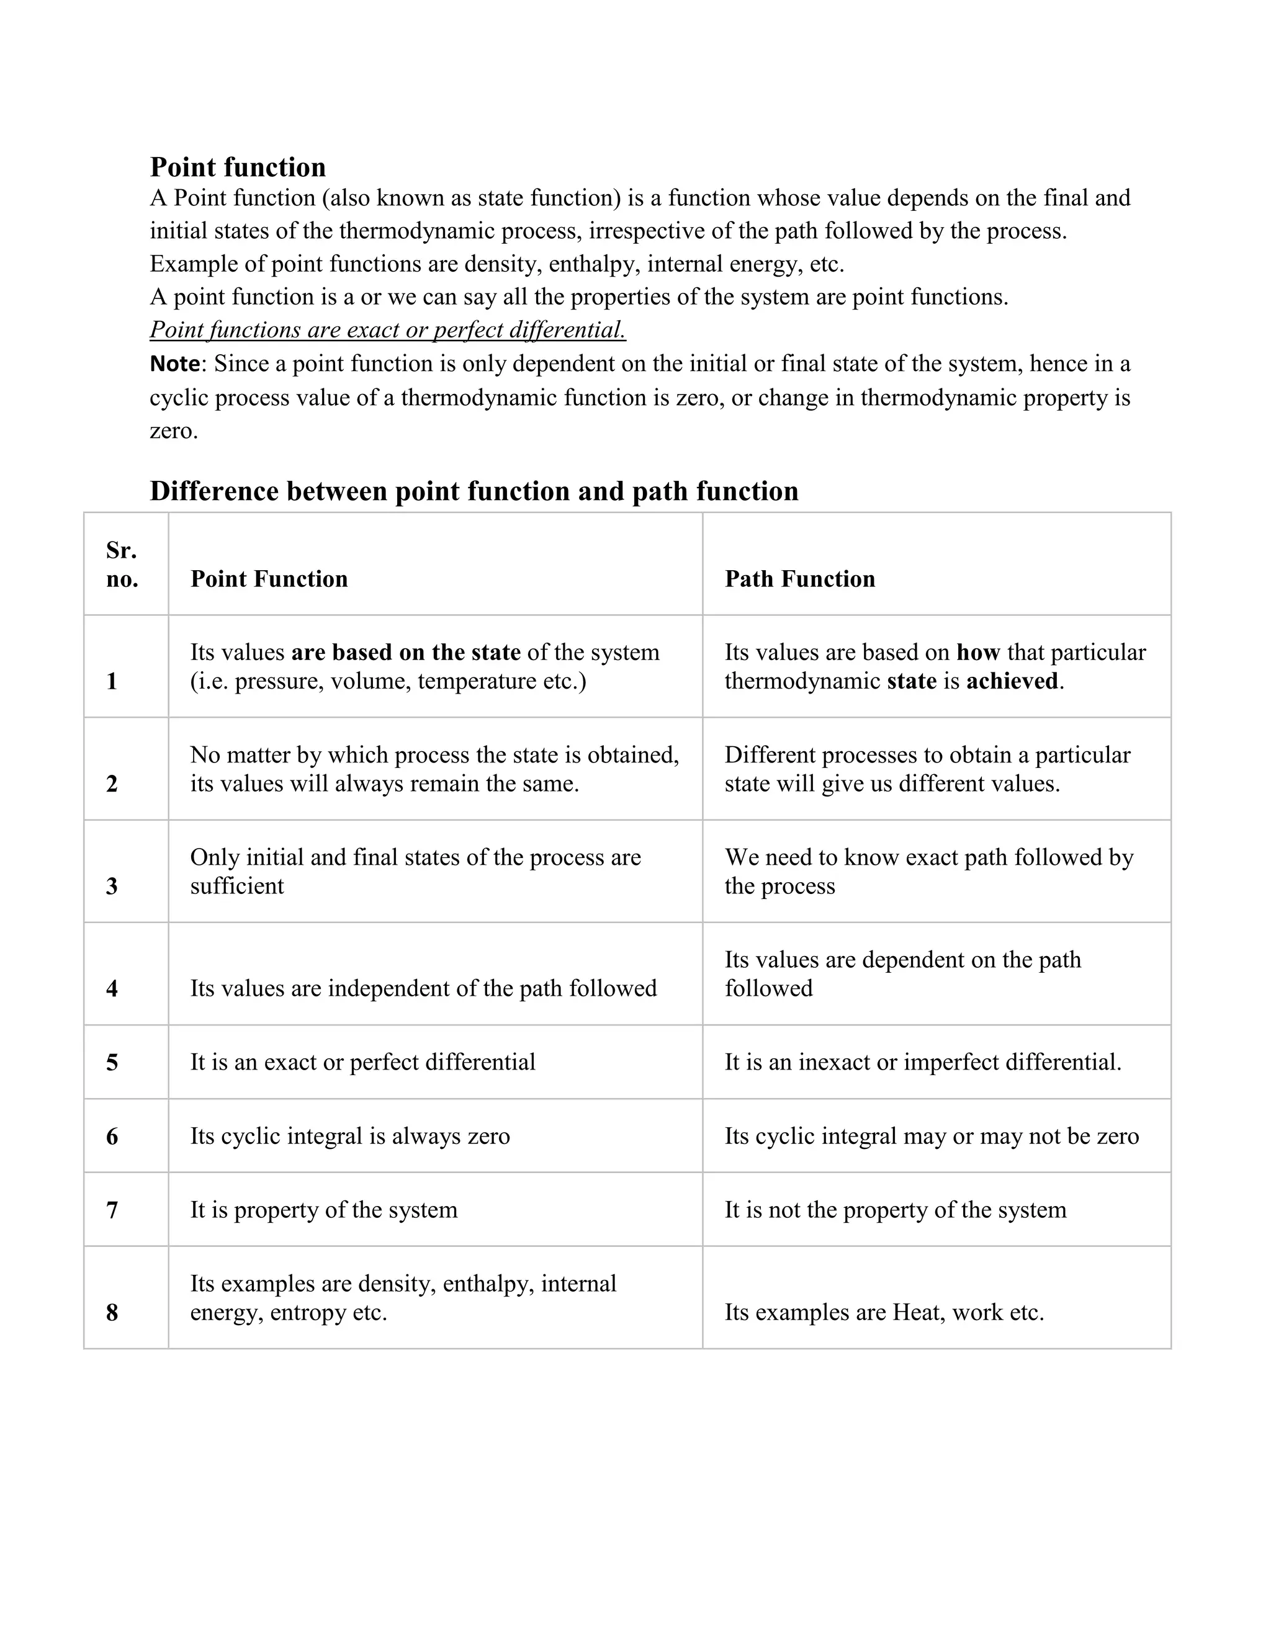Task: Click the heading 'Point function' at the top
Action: [237, 166]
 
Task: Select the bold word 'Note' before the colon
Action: [174, 364]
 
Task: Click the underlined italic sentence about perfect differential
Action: [388, 329]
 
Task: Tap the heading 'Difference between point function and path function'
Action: [474, 491]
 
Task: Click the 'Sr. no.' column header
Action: [122, 565]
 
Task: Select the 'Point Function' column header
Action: [269, 579]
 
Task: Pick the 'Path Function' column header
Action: [799, 579]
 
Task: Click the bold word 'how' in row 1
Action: [977, 652]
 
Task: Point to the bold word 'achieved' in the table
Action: [1012, 681]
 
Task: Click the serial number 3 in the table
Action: [112, 886]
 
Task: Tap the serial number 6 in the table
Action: [112, 1136]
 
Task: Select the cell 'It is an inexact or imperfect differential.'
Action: [922, 1062]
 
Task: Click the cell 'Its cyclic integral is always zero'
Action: [349, 1136]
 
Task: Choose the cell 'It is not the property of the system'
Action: [896, 1210]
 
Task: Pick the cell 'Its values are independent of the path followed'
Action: [423, 988]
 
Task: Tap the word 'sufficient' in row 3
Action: [236, 886]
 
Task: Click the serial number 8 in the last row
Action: [112, 1313]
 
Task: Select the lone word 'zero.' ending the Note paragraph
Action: [173, 431]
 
